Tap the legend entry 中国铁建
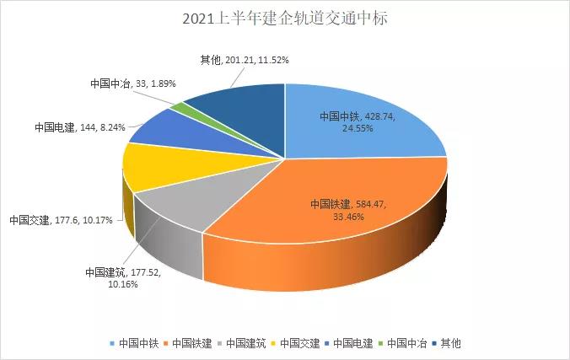click(192, 343)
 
